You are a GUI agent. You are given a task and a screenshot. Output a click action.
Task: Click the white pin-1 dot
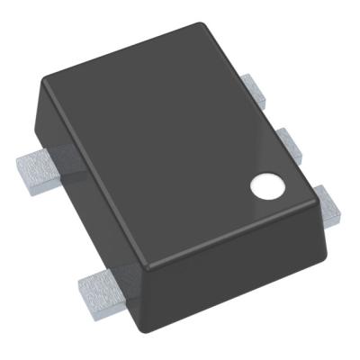pyautogui.click(x=265, y=186)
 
